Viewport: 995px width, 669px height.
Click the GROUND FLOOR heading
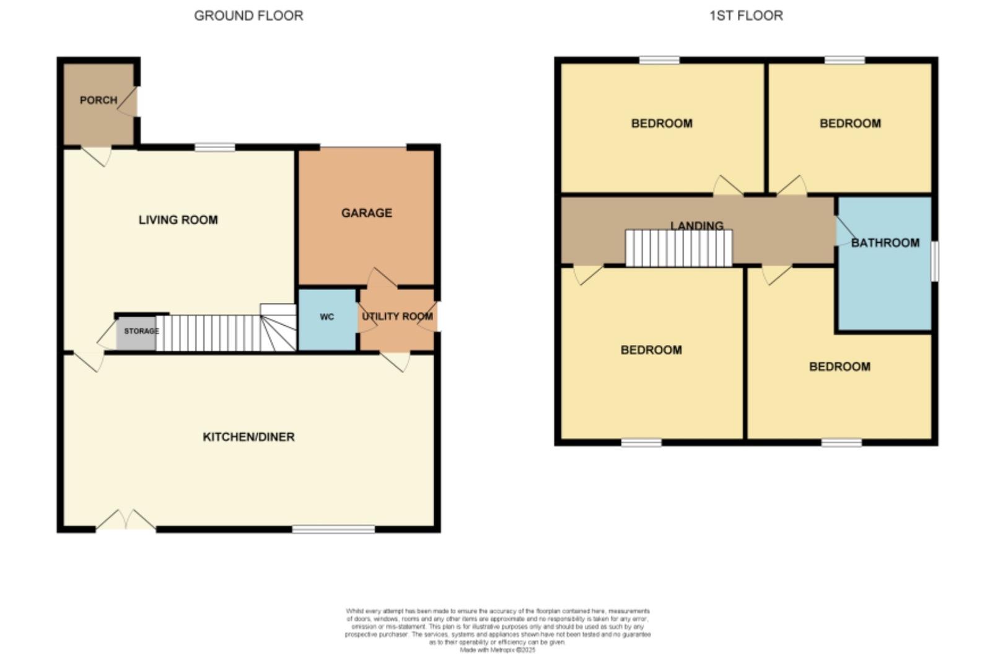point(248,16)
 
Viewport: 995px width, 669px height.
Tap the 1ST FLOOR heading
point(746,16)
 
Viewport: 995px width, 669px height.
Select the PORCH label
point(98,100)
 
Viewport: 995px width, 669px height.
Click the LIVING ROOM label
point(178,220)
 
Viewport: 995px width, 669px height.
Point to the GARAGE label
point(366,213)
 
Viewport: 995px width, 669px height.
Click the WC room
point(327,318)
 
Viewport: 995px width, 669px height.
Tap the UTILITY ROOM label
point(397,317)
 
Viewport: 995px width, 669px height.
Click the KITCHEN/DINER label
point(248,437)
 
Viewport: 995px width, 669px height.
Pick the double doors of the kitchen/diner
point(126,521)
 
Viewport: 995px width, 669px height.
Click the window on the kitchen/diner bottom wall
point(333,529)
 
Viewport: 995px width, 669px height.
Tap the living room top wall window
point(215,147)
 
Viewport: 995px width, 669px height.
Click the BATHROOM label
point(885,243)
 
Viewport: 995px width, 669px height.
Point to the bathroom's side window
point(935,261)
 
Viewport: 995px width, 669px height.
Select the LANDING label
point(696,225)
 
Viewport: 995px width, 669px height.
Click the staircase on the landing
point(678,248)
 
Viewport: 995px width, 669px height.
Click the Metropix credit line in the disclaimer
point(497,650)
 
